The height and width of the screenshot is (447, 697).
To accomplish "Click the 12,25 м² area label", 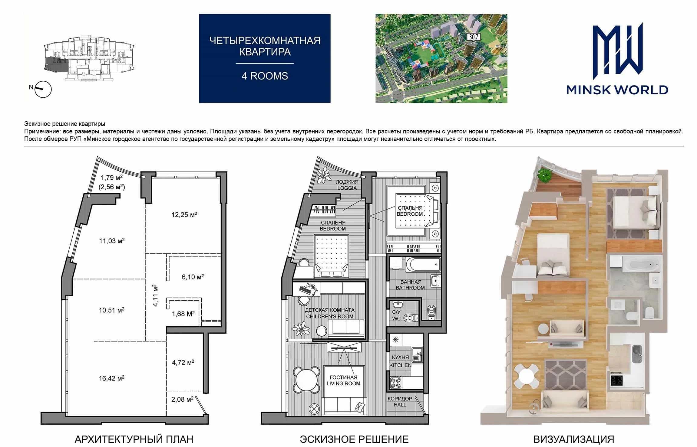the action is pos(184,215).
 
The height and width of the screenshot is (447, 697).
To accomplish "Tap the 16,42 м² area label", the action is pos(111,378).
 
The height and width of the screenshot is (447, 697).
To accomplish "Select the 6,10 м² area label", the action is pos(193,277).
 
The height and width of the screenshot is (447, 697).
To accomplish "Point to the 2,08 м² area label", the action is pos(182,399).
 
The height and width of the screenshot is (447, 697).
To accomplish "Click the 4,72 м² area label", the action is pos(183,362).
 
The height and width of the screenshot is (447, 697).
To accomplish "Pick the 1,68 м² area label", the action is pos(183,314).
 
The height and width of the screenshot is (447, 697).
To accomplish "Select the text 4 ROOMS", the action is pos(265,76).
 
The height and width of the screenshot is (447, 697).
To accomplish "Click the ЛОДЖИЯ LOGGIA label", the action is pos(347,185).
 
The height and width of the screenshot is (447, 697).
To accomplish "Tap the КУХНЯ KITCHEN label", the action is pos(400,361).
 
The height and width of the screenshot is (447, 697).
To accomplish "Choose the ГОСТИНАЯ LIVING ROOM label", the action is pos(343,380).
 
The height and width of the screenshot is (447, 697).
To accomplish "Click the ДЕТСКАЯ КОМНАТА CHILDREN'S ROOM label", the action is pos(329,313).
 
